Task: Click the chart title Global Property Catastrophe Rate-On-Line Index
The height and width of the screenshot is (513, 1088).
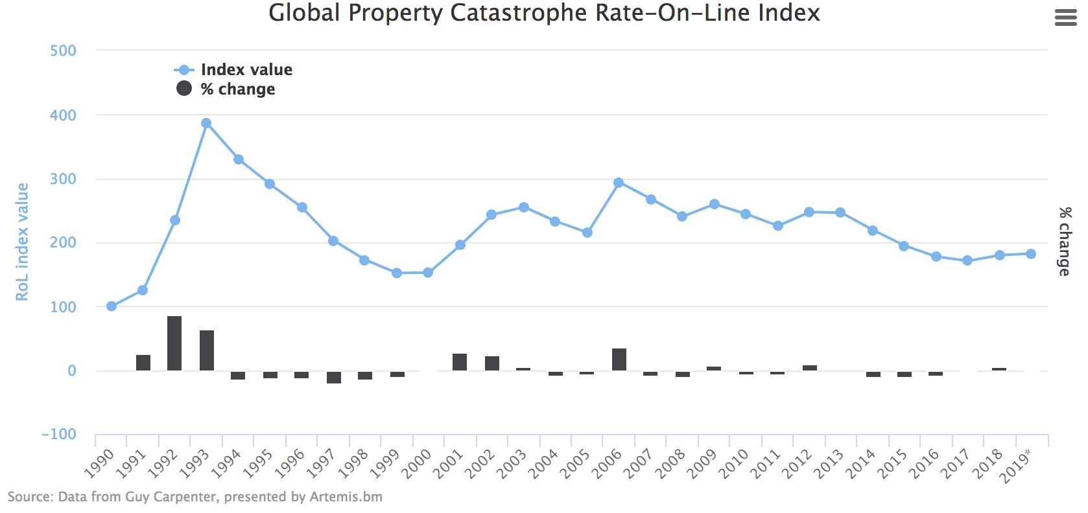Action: tap(544, 14)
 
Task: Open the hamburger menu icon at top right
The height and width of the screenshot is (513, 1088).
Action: tap(1065, 17)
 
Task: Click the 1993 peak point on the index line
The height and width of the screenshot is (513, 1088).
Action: tap(206, 123)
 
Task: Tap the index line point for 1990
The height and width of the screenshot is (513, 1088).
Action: tap(112, 306)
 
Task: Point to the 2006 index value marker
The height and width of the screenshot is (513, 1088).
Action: tap(619, 183)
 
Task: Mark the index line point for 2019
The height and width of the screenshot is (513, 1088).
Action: tap(1031, 254)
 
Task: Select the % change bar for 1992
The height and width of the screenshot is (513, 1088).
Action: tap(174, 343)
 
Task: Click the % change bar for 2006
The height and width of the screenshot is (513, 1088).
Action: tap(619, 359)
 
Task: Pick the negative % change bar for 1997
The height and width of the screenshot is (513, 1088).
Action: tap(334, 377)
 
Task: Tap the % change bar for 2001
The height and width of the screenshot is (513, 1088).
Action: tap(460, 362)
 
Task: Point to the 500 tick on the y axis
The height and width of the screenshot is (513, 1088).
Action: tap(63, 51)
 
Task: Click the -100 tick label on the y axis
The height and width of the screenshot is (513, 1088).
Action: tap(59, 435)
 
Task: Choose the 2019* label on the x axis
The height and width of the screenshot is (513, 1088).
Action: tap(1015, 466)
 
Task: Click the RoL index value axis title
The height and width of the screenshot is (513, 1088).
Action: tap(23, 242)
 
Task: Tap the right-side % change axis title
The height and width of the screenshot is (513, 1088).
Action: tap(1065, 242)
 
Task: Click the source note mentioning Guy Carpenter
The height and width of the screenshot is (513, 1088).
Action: tap(195, 497)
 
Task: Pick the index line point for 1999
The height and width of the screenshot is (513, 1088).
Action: tap(397, 273)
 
